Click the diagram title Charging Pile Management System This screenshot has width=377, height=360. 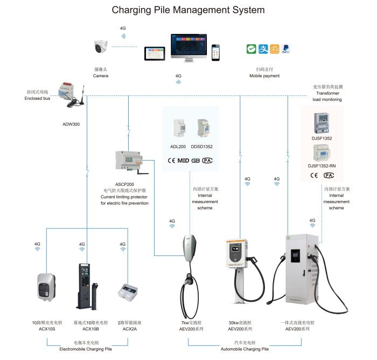point(188,10)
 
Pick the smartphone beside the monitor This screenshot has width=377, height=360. point(215,52)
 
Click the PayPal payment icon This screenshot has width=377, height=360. point(286,49)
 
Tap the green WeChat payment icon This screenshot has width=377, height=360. point(250,49)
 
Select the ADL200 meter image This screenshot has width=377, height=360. point(178,129)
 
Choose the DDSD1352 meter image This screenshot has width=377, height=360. point(203,129)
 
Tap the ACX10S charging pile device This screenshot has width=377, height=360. point(46,287)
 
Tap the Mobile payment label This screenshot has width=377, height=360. point(264,76)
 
